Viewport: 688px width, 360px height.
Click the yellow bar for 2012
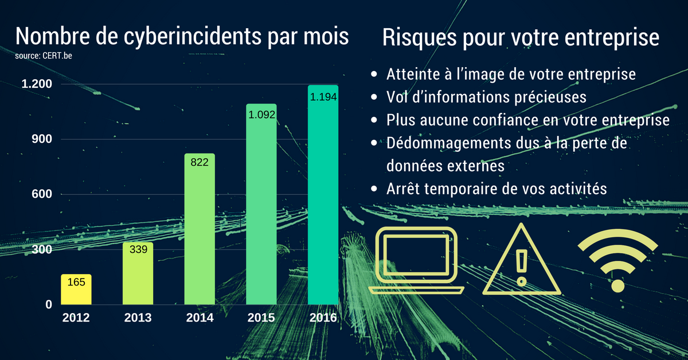tap(76, 289)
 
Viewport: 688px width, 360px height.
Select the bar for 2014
tap(200, 229)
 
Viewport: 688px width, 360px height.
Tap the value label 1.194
tap(323, 97)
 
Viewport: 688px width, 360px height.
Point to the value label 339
tap(138, 249)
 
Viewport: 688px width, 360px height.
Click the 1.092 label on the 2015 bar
tap(261, 115)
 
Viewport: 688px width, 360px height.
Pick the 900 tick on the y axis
tap(42, 139)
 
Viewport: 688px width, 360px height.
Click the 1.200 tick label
tap(37, 84)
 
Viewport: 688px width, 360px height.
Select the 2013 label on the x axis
tap(138, 318)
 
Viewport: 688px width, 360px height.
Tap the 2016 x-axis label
tap(323, 318)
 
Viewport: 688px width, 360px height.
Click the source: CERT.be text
tap(44, 56)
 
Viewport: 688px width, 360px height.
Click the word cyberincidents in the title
tap(193, 37)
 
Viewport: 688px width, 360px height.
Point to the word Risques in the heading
tap(419, 38)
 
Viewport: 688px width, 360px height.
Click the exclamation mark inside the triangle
tap(522, 268)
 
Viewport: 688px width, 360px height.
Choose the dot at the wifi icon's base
tap(618, 286)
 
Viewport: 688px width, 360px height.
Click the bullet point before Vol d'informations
tap(374, 97)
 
